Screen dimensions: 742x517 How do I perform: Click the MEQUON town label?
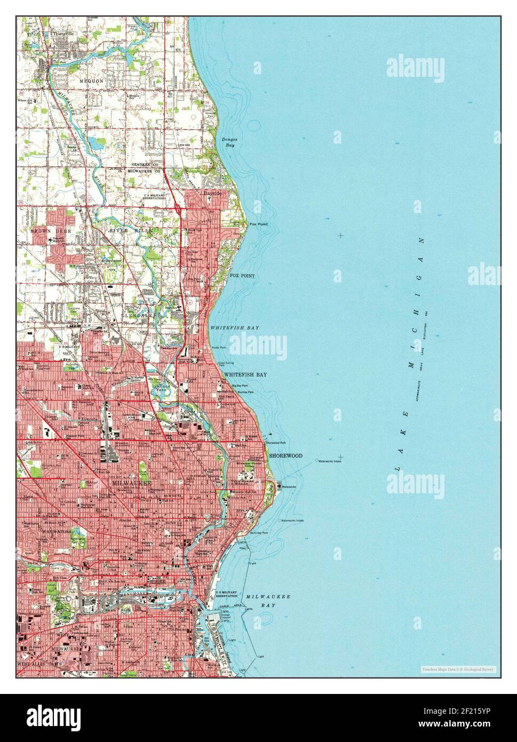91,81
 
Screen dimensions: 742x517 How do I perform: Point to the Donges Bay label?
229,142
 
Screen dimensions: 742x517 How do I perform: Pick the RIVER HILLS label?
131,230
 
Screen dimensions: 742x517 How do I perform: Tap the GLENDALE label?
140,315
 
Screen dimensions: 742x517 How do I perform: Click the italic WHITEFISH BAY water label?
234,327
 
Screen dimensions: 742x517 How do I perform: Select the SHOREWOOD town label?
285,456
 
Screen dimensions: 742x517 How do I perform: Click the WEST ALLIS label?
33,664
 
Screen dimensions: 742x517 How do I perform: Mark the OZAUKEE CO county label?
147,164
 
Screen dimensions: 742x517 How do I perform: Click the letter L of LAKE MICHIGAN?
397,468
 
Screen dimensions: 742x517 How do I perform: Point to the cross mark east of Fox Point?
340,235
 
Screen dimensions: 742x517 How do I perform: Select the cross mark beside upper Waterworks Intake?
340,457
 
